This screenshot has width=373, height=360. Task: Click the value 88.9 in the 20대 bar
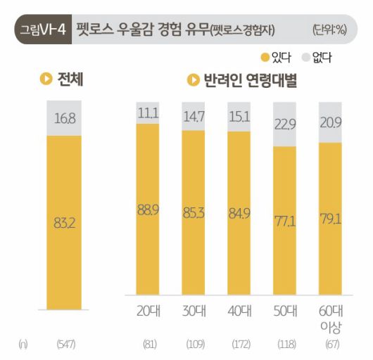[148, 209]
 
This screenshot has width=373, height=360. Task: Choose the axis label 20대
[148, 310]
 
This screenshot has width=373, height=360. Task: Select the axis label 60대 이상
[331, 318]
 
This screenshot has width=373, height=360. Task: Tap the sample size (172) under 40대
[239, 345]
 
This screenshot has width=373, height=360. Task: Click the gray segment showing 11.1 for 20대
[148, 112]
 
